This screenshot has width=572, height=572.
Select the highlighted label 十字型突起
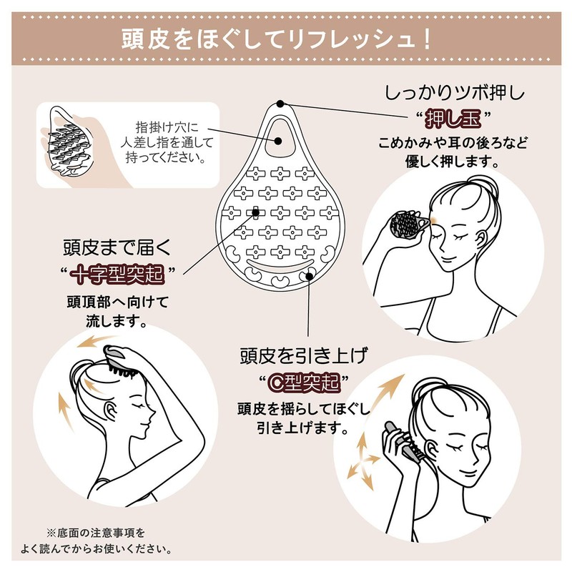pyautogui.click(x=119, y=272)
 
